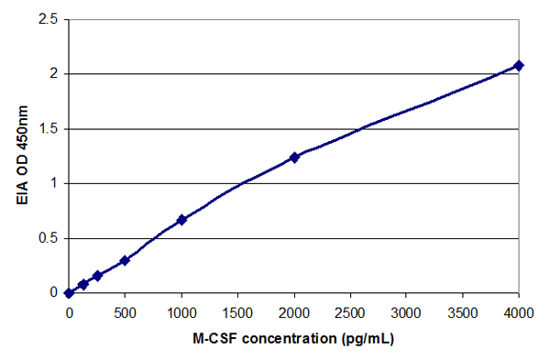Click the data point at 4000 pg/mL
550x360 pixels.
click(519, 65)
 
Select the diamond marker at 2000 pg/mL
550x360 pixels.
click(294, 158)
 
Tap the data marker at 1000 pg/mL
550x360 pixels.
click(181, 220)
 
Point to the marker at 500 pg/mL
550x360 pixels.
click(125, 260)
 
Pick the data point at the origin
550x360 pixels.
click(69, 293)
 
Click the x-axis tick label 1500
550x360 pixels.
click(237, 311)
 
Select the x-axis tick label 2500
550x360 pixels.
click(350, 311)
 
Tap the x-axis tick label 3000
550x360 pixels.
click(406, 311)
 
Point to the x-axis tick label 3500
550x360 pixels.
click(463, 311)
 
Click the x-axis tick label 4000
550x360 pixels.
click(519, 311)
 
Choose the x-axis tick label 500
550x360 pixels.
click(125, 311)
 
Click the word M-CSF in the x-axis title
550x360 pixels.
click(214, 338)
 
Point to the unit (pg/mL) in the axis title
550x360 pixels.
click(366, 338)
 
